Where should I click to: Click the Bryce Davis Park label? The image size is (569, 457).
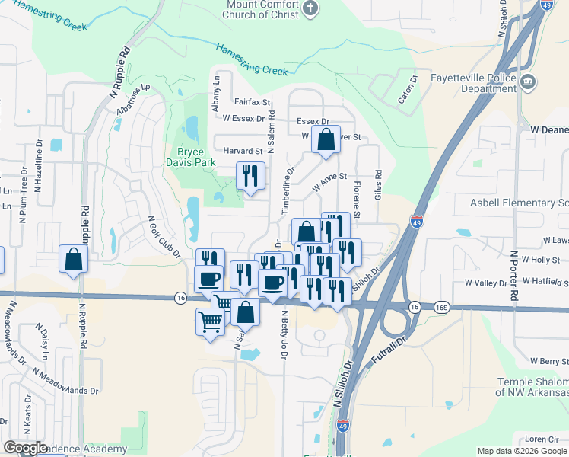coord(186,157)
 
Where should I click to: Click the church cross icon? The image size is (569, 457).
coord(310,8)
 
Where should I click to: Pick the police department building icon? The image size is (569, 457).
coord(530,81)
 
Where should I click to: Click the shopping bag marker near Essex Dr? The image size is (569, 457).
coord(326,140)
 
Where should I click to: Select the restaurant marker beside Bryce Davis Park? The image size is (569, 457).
coord(250,177)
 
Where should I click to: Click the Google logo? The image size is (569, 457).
coord(25,448)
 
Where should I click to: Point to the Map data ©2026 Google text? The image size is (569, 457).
coord(521,451)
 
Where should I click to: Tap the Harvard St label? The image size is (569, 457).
coord(242,151)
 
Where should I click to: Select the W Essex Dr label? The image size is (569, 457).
coord(243,118)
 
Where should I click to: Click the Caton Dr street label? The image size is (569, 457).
coord(408,89)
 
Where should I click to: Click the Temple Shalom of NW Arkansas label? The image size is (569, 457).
coord(532,387)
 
